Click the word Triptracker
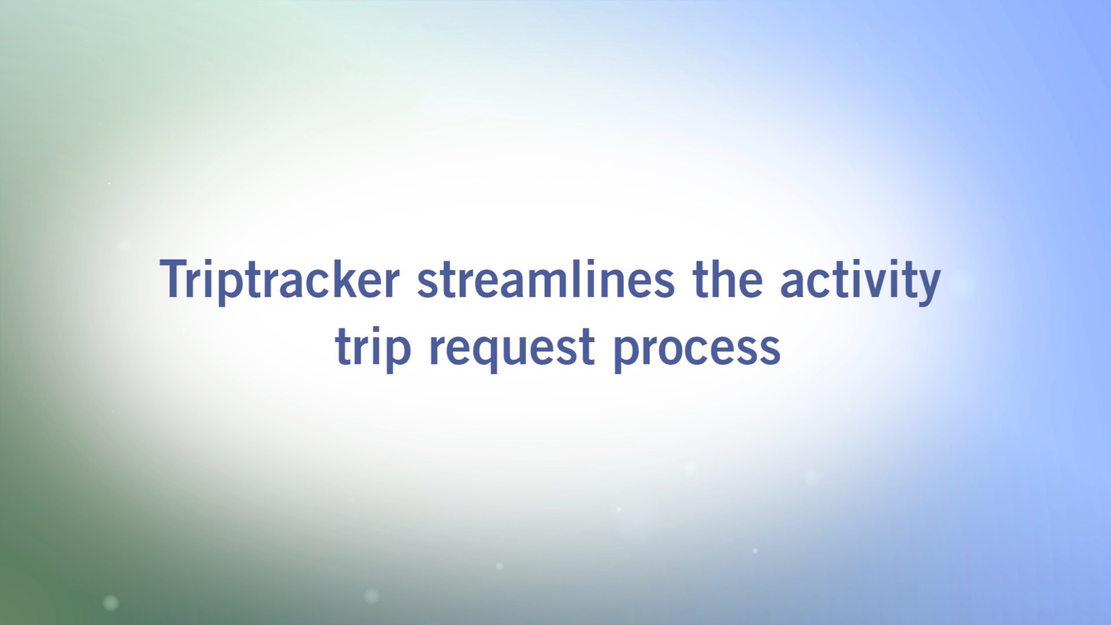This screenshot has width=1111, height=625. tap(279, 281)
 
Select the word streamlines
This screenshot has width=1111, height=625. tap(546, 279)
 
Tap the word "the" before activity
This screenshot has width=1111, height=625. tap(727, 279)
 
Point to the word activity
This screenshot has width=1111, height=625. tap(860, 282)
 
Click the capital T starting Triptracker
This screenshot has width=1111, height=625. tap(174, 279)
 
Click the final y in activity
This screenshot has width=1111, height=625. tap(927, 287)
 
